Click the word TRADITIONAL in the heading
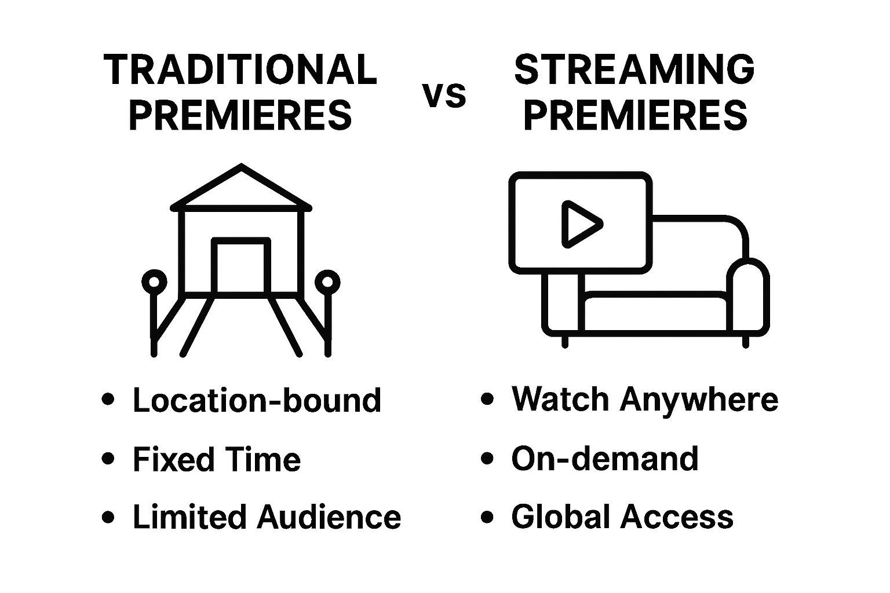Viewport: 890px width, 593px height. tap(240, 70)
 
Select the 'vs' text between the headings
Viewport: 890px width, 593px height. tap(444, 96)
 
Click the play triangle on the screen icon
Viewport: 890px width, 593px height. tap(580, 224)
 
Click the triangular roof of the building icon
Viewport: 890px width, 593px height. tap(241, 188)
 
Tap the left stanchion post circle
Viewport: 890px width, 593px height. tap(154, 282)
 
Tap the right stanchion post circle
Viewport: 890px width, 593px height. tap(327, 282)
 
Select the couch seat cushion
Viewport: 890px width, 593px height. tap(655, 307)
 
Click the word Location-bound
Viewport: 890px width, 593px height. tap(257, 400)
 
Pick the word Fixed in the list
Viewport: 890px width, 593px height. tap(167, 459)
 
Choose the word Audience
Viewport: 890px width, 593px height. tap(329, 517)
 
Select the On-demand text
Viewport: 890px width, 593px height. tap(605, 459)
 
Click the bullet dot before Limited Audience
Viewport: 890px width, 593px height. tap(108, 517)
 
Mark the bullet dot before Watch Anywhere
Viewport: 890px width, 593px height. tap(488, 399)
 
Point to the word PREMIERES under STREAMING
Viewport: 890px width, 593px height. tap(634, 115)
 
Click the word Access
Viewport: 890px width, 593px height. tap(677, 517)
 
